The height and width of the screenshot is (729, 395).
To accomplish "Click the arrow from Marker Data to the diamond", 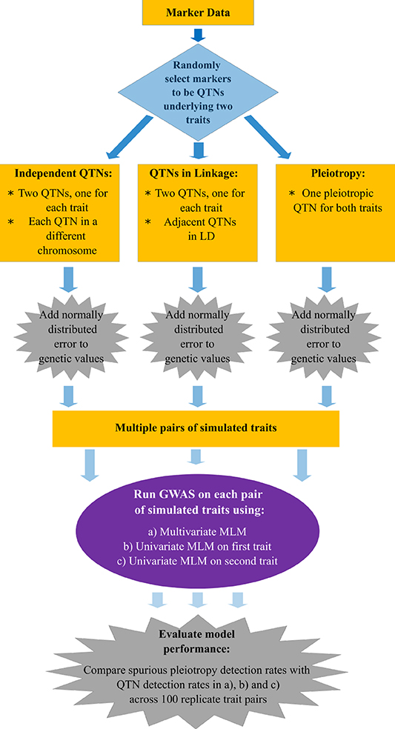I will click(x=197, y=35).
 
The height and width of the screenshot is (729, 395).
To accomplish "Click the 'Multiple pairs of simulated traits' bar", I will click(x=196, y=428).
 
